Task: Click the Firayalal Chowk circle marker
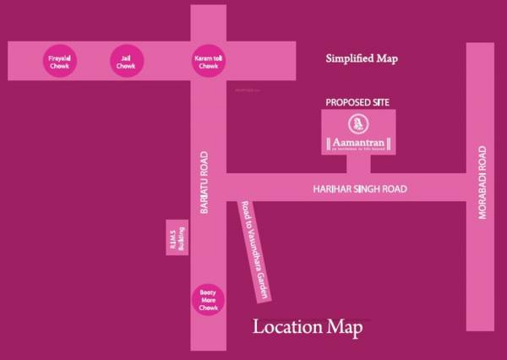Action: pyautogui.click(x=59, y=61)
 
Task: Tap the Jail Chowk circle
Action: pyautogui.click(x=126, y=61)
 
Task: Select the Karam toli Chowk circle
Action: pyautogui.click(x=206, y=61)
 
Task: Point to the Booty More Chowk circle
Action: pyautogui.click(x=208, y=298)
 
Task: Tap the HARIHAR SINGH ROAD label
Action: pyautogui.click(x=356, y=190)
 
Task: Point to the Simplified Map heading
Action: pyautogui.click(x=362, y=59)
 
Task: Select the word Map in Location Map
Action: pyautogui.click(x=346, y=327)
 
